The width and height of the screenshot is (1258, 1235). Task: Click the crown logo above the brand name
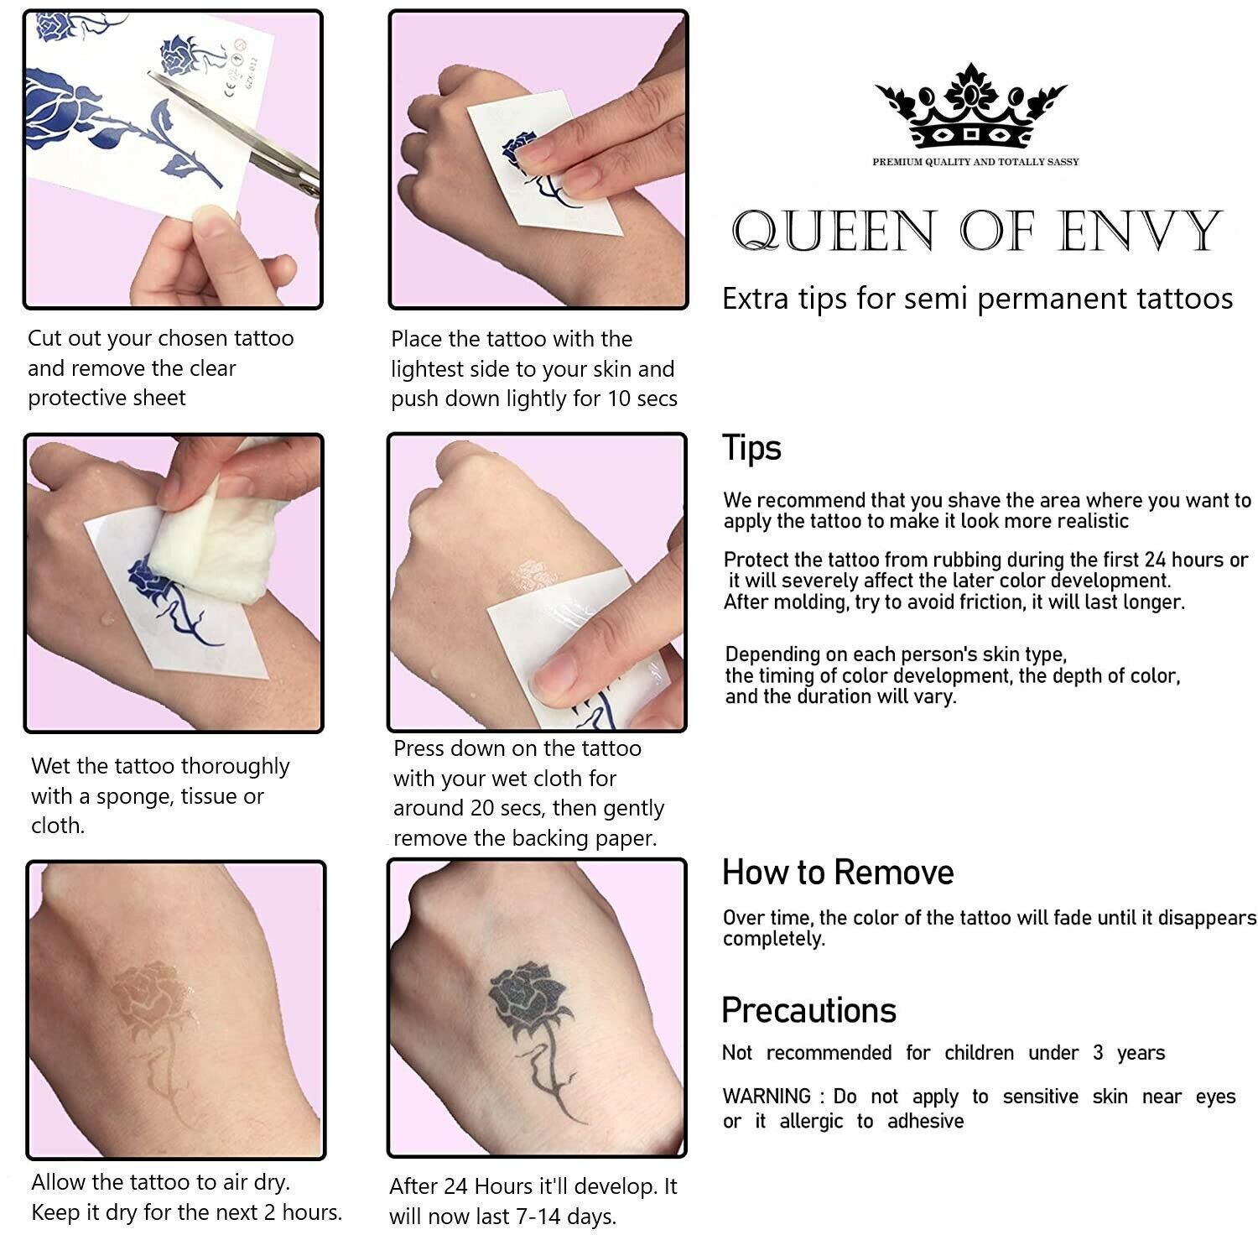pos(970,106)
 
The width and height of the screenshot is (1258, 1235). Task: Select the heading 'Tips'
pos(751,448)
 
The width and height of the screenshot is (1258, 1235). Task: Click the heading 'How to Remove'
pos(838,873)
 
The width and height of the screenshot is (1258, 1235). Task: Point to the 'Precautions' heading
pos(809,1010)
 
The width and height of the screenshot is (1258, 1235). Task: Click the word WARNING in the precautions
pos(767,1097)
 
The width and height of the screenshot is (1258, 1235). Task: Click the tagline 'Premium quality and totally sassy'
pos(975,162)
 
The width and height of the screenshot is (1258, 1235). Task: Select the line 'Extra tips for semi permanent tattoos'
pos(978,298)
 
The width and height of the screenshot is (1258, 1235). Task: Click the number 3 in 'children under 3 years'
pos(1098,1053)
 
